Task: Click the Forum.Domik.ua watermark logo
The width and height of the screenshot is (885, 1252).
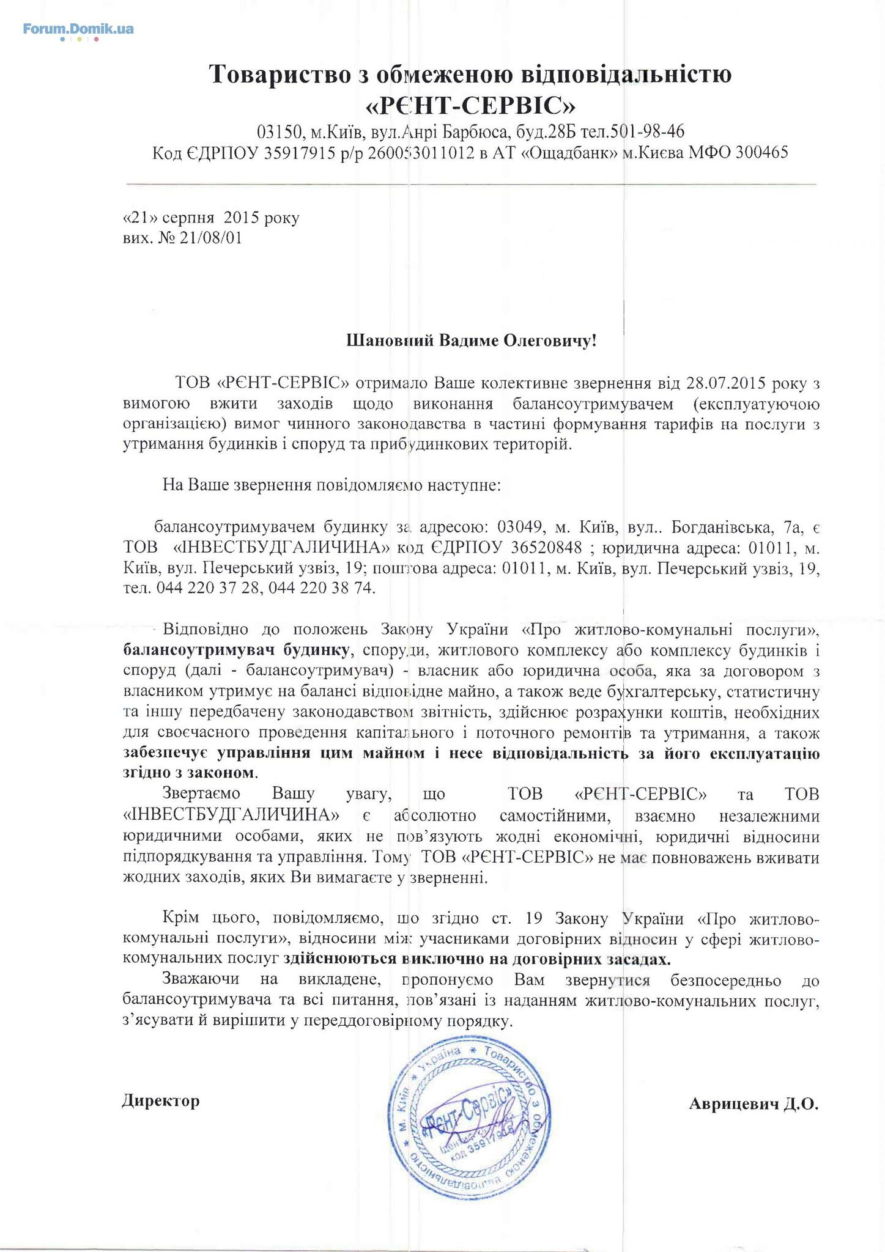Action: click(78, 29)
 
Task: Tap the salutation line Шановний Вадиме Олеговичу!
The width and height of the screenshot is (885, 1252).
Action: click(471, 340)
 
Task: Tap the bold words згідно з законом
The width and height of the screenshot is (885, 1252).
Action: click(190, 773)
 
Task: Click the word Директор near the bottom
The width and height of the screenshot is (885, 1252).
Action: click(161, 1101)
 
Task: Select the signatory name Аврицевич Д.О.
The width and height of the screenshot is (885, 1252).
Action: click(753, 1104)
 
